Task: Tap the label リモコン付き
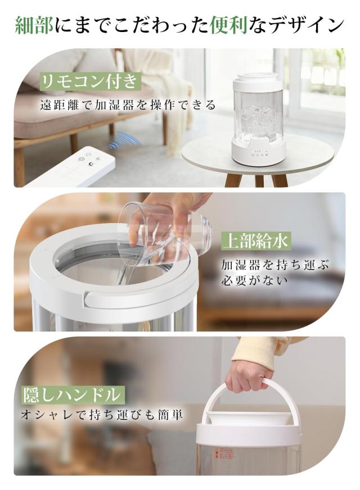(x=89, y=82)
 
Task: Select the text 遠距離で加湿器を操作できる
(x=128, y=105)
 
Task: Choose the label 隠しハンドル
(x=71, y=394)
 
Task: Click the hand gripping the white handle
(x=249, y=374)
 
